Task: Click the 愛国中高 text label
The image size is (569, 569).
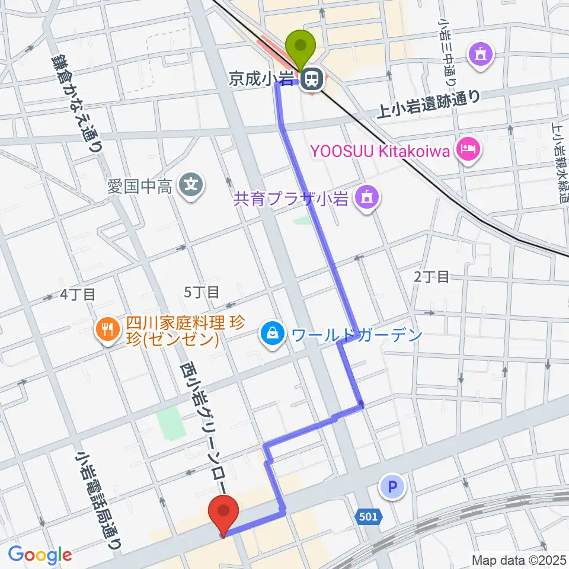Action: coord(140,188)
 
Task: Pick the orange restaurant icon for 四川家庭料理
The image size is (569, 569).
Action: coord(107,329)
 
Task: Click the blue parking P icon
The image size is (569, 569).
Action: coord(391,488)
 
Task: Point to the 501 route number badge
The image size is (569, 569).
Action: coord(368,517)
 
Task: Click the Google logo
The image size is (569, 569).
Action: coord(40,555)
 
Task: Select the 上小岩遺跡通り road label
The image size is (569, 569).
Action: coord(429,105)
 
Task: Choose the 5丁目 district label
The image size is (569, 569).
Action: coord(202,292)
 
